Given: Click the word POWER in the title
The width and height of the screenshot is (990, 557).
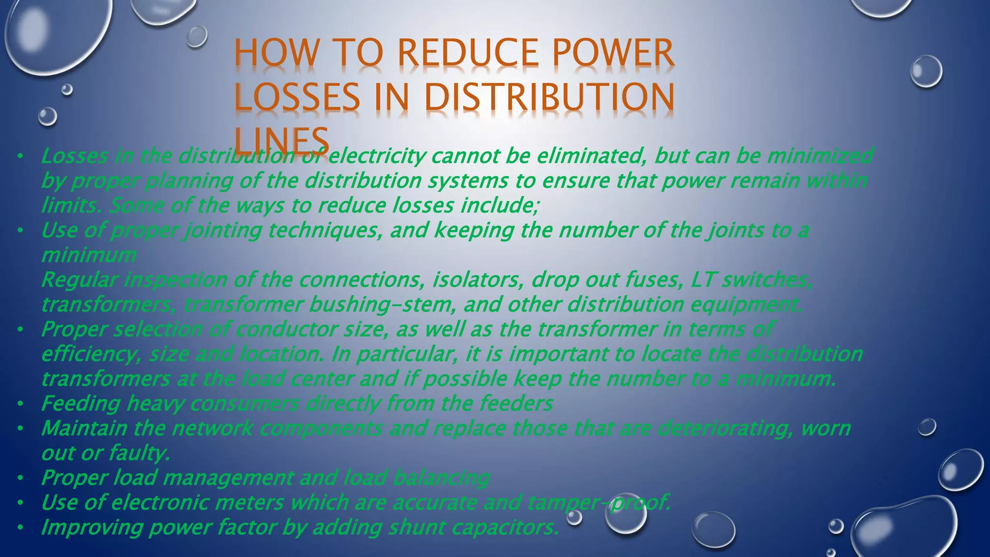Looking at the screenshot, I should (x=613, y=53).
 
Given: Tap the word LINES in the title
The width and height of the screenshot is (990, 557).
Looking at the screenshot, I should (x=281, y=140).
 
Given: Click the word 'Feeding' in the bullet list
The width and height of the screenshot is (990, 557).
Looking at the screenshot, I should (x=80, y=404).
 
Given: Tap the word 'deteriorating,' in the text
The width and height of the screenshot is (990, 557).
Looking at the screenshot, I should (x=726, y=428).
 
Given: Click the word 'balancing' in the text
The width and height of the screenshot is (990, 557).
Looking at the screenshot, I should (x=441, y=478).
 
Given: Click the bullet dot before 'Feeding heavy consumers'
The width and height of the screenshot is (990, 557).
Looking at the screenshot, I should (x=20, y=404).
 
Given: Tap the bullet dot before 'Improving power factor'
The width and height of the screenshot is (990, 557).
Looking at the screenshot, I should (x=20, y=528).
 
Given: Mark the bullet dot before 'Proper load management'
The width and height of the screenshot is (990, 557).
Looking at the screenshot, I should (x=20, y=479).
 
